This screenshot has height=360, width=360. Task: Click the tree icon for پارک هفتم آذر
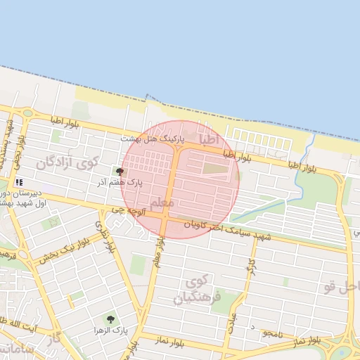[x=120, y=171]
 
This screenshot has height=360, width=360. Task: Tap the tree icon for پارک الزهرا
[x=109, y=319]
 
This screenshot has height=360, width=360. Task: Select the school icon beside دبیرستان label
[x=18, y=181]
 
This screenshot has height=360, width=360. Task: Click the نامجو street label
[x=270, y=334]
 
